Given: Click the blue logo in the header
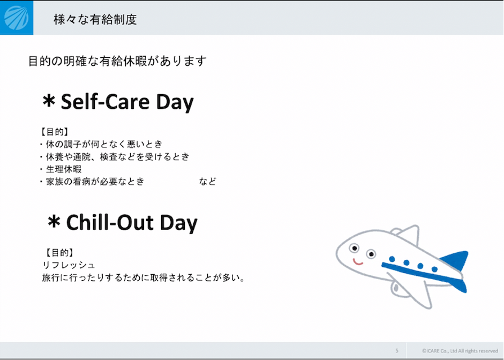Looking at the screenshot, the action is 17,18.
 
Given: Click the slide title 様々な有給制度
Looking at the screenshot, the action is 95,20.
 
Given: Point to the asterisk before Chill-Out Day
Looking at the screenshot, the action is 54,222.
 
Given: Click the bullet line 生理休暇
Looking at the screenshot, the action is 61,169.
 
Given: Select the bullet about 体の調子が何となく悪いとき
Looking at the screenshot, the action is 101,144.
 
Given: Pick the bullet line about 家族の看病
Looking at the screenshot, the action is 92,182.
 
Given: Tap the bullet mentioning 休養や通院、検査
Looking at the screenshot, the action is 115,156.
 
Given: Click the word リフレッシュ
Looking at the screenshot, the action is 69,265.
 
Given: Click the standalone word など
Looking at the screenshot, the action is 207,182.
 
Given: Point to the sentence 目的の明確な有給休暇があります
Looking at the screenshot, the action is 117,61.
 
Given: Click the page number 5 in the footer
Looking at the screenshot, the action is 397,351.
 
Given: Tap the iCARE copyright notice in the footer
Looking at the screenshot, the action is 460,351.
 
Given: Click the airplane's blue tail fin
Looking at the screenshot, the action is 455,260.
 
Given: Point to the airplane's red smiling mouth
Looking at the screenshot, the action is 358,262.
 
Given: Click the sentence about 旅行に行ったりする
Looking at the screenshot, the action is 144,277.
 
